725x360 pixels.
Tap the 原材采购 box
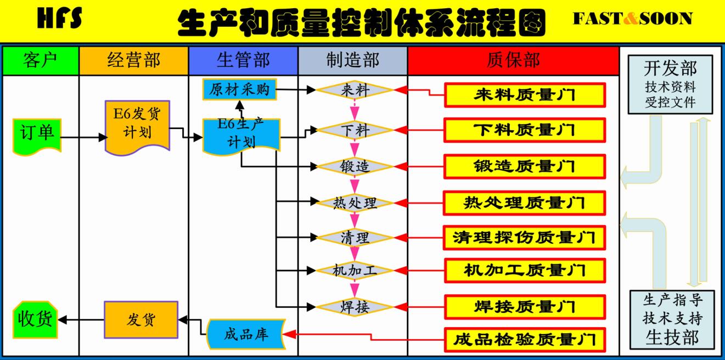tap(239, 89)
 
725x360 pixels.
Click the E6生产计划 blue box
tap(241, 135)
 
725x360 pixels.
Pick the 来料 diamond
tap(355, 89)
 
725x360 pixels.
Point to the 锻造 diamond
tap(355, 166)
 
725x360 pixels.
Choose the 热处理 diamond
tap(355, 203)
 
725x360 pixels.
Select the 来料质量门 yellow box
tap(524, 95)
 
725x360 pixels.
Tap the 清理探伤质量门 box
tap(524, 238)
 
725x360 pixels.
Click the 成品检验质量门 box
tap(524, 340)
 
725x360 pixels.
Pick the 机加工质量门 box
tap(524, 271)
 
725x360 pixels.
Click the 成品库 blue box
tap(246, 334)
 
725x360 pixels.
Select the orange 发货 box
tap(141, 319)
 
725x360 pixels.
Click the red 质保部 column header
tap(513, 60)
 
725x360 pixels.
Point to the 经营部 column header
tap(134, 60)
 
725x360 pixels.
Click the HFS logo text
tap(60, 19)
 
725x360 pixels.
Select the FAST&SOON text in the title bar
tap(632, 19)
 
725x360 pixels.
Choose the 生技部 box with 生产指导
tap(672, 319)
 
